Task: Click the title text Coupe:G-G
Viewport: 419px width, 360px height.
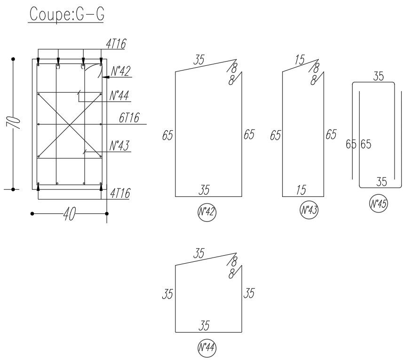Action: (x=66, y=14)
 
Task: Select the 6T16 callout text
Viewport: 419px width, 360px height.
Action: (x=128, y=118)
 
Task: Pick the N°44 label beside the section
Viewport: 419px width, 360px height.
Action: (x=119, y=96)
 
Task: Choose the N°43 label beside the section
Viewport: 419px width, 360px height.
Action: (x=119, y=146)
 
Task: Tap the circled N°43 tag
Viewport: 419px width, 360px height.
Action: (x=309, y=210)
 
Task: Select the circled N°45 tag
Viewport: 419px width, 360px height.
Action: (x=379, y=204)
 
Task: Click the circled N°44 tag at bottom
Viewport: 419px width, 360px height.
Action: (x=207, y=348)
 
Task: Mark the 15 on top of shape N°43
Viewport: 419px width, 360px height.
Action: (x=300, y=60)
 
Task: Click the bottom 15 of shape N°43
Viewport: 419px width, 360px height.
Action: (x=301, y=190)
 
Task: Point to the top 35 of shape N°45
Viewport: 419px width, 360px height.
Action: (x=379, y=76)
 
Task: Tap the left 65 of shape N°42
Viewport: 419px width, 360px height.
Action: (x=167, y=136)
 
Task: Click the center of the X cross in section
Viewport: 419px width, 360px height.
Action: (x=70, y=125)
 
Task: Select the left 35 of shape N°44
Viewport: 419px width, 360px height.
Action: (x=167, y=295)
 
